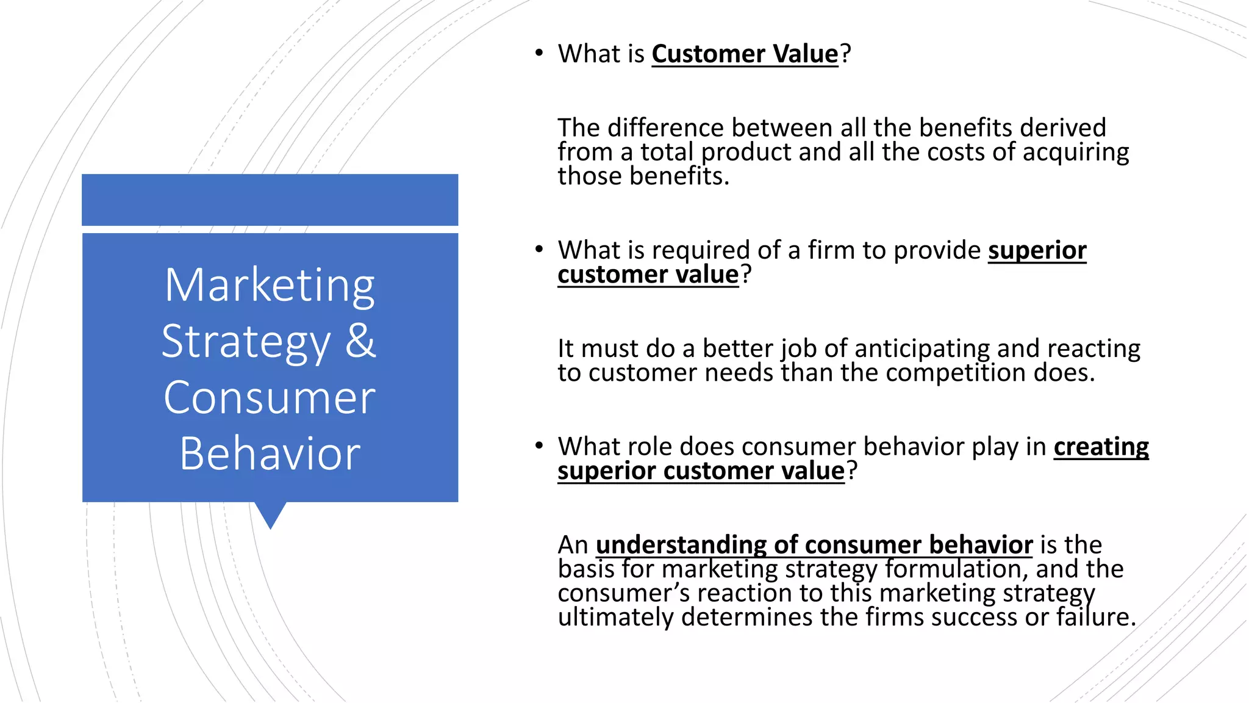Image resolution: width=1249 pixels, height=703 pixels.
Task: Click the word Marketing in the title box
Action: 270,286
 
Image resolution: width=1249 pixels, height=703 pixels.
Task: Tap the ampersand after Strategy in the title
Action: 360,341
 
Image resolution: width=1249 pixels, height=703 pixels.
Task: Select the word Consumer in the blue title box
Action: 270,398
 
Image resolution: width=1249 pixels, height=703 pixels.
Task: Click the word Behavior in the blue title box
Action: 270,454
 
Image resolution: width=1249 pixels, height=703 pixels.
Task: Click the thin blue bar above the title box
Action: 270,200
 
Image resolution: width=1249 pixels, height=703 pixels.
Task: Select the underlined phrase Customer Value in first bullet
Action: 745,54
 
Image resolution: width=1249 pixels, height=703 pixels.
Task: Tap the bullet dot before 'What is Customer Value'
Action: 539,53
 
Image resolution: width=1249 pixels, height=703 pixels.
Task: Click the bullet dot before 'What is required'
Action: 539,249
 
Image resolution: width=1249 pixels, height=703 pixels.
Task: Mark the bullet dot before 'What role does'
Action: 539,445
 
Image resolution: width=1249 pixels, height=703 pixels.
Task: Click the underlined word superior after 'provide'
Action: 1037,250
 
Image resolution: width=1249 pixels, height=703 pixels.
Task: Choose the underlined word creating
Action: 1101,447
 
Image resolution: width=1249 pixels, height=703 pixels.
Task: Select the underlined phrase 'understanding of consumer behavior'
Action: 814,544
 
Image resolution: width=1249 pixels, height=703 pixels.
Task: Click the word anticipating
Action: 922,349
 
